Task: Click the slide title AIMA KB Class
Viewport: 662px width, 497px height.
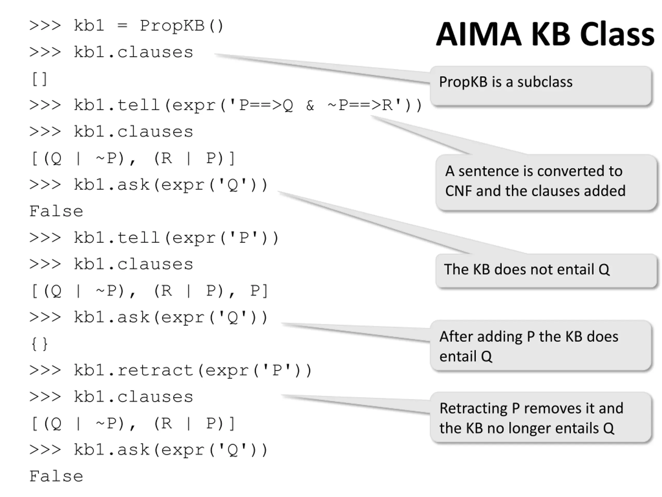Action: pyautogui.click(x=545, y=34)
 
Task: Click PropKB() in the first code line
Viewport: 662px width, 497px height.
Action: pyautogui.click(x=182, y=26)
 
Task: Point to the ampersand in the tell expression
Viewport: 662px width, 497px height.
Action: pyautogui.click(x=310, y=105)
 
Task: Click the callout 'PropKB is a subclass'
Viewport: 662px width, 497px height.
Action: pyautogui.click(x=541, y=86)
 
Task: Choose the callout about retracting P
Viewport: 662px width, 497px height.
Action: pyautogui.click(x=541, y=417)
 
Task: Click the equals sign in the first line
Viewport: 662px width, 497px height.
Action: pyautogui.click(x=122, y=26)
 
